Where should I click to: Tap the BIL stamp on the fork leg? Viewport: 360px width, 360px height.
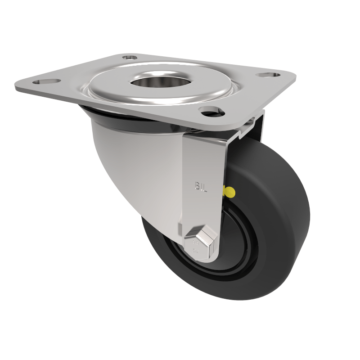(x=201, y=185)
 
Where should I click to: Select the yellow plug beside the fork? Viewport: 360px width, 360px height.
(x=229, y=193)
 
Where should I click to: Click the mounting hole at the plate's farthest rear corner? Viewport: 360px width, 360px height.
(x=130, y=58)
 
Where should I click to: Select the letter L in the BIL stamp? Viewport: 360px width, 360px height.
(x=205, y=185)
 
